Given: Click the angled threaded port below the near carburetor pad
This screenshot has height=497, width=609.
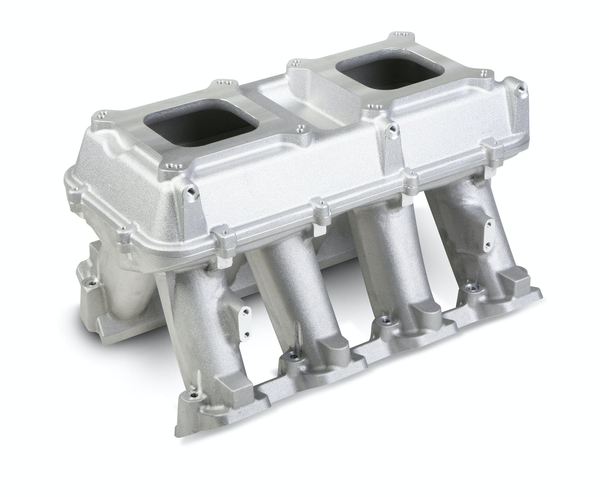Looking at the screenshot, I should [x=192, y=192].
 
